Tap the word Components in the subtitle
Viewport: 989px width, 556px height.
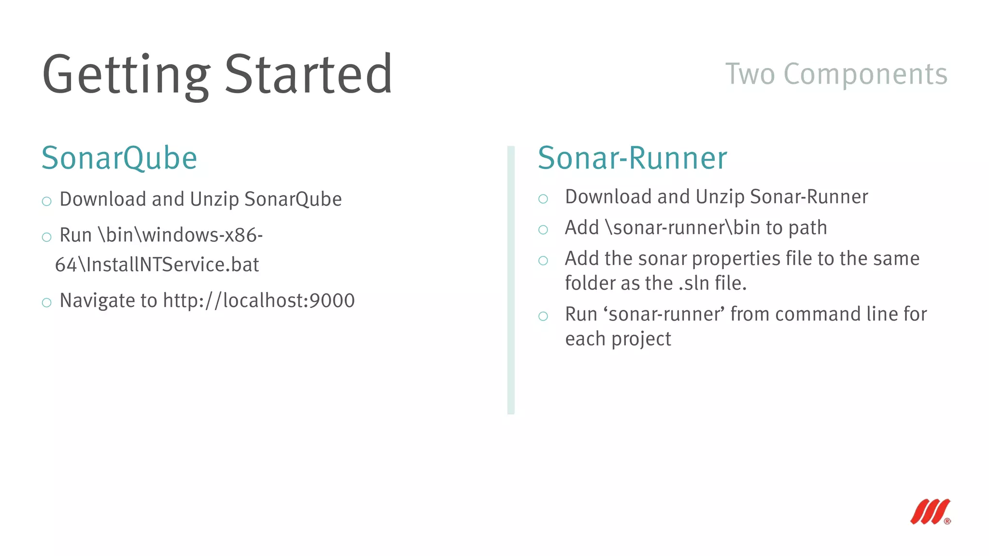pos(865,74)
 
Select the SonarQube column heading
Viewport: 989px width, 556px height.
pos(119,158)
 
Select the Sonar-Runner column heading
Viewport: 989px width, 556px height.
pos(632,158)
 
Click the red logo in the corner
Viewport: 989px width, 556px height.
pos(930,512)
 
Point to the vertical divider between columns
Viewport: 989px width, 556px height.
pos(511,280)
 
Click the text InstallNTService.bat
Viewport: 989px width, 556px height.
pos(172,265)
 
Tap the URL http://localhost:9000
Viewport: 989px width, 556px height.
pos(259,301)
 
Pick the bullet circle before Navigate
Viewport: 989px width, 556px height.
pos(47,303)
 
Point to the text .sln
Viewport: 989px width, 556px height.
pos(694,284)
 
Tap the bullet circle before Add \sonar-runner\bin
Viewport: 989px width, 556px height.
pos(543,230)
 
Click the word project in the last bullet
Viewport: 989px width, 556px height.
pos(641,339)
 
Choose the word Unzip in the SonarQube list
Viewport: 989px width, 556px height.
pos(214,199)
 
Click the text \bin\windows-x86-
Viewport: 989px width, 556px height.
pos(180,236)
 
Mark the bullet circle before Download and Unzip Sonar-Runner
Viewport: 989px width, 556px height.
pos(543,199)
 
